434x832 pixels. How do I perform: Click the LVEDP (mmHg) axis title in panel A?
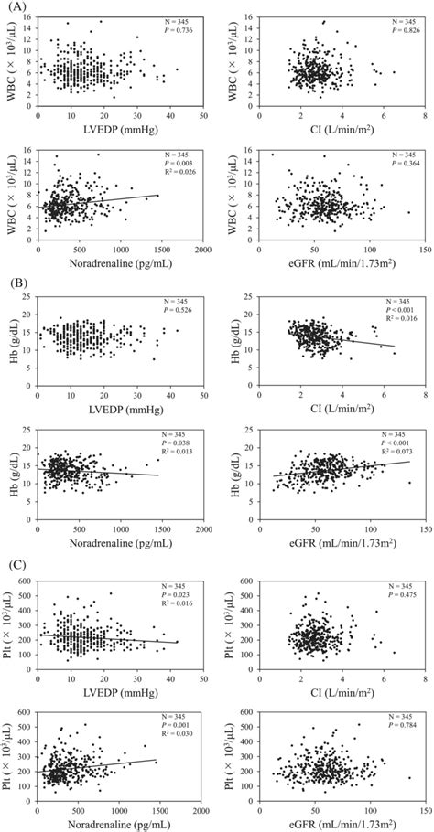click(119, 131)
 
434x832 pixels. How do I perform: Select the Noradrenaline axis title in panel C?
click(119, 822)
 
